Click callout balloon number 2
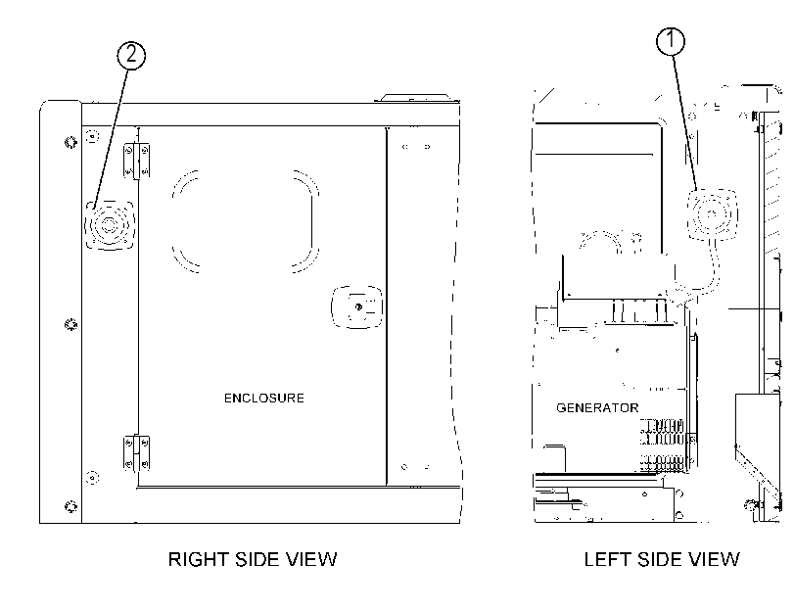pyautogui.click(x=131, y=55)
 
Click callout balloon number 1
pyautogui.click(x=671, y=40)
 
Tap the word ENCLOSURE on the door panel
pyautogui.click(x=263, y=399)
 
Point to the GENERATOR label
pyautogui.click(x=597, y=408)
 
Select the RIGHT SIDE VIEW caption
pyautogui.click(x=253, y=559)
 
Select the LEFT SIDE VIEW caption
pyautogui.click(x=661, y=559)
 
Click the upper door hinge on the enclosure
pyautogui.click(x=137, y=160)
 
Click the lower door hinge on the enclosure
pyautogui.click(x=137, y=453)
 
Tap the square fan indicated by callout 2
pyautogui.click(x=110, y=225)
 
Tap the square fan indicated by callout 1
pyautogui.click(x=712, y=213)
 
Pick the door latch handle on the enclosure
pyautogui.click(x=357, y=307)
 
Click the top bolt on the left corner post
pyautogui.click(x=70, y=142)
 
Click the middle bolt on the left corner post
pyautogui.click(x=70, y=324)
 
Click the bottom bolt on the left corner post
pyautogui.click(x=70, y=506)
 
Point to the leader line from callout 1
pyautogui.click(x=685, y=123)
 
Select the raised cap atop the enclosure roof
pyautogui.click(x=415, y=97)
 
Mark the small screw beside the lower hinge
pyautogui.click(x=92, y=477)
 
